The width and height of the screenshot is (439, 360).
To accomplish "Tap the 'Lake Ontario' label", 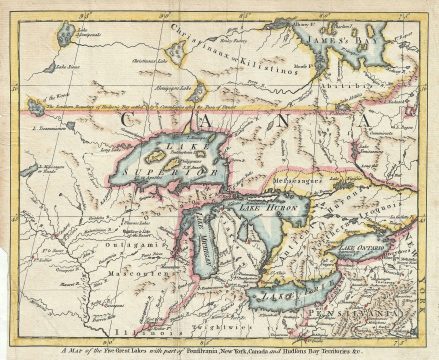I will click(361, 244).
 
